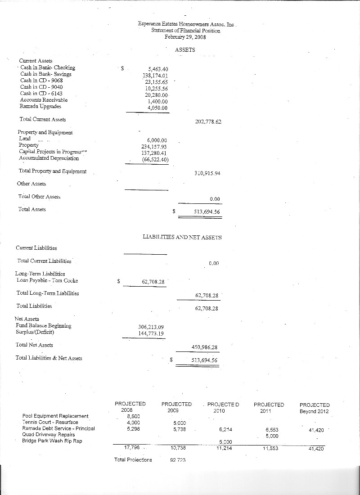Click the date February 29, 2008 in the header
click(185, 37)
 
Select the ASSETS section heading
click(185, 50)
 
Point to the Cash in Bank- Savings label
click(46, 74)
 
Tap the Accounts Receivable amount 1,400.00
click(158, 102)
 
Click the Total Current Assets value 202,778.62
click(208, 122)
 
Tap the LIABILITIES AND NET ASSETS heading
click(182, 237)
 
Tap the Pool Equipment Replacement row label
click(55, 416)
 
